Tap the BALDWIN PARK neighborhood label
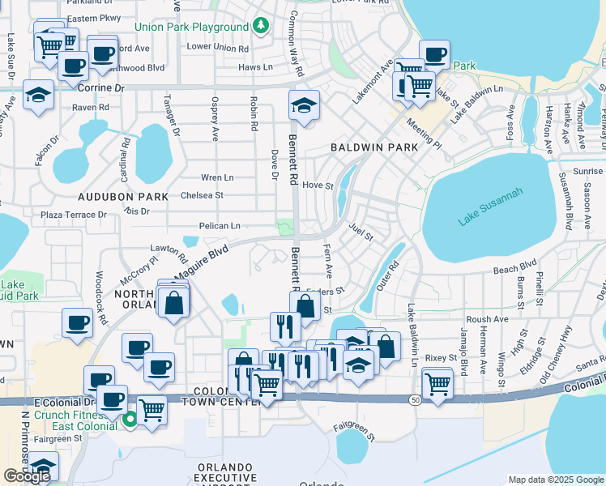(374, 147)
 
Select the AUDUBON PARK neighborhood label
(123, 197)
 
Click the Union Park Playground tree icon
(260, 27)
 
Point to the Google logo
(27, 476)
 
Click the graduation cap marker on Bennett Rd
(304, 106)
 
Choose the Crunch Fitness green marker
(130, 419)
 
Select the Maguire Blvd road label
(198, 264)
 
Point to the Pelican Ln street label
(220, 226)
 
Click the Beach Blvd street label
(515, 264)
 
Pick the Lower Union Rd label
(217, 48)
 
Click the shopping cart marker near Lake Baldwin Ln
(437, 382)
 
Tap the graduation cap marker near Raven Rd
(37, 96)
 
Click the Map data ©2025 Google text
(555, 479)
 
